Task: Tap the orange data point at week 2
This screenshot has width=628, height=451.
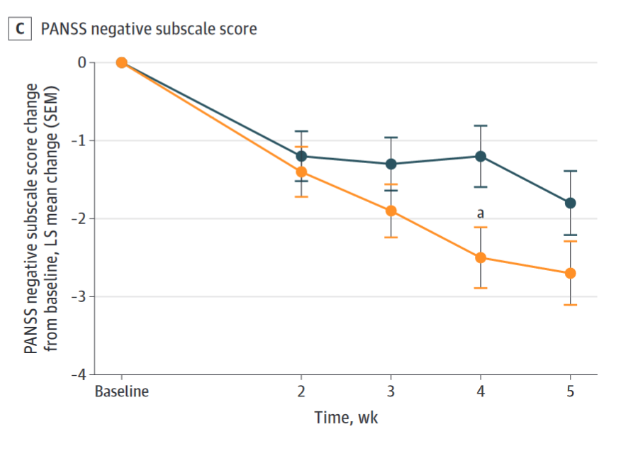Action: click(301, 172)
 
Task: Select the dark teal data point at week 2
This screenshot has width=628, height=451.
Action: click(301, 156)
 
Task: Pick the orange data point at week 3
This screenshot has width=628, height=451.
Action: click(391, 211)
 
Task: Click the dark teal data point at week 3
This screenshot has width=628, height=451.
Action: click(391, 164)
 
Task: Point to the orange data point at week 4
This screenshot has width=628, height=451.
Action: click(481, 257)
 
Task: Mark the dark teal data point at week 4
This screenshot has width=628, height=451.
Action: click(481, 156)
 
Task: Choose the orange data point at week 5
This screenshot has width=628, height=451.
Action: click(570, 273)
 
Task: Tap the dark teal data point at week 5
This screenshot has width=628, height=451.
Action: click(570, 203)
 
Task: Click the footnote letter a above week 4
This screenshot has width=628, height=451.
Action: click(481, 212)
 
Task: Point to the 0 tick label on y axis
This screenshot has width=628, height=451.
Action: click(82, 62)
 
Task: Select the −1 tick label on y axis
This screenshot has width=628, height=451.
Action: click(78, 140)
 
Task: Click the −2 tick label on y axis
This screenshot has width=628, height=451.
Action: click(78, 218)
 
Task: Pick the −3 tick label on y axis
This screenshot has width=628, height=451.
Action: click(78, 296)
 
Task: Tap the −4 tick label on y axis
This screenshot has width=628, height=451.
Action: click(78, 374)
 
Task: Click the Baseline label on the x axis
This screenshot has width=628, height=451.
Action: click(122, 391)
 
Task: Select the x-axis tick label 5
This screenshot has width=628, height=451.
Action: click(570, 391)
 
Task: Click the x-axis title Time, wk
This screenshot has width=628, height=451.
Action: click(346, 418)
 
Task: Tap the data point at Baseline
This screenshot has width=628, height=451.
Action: click(122, 62)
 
